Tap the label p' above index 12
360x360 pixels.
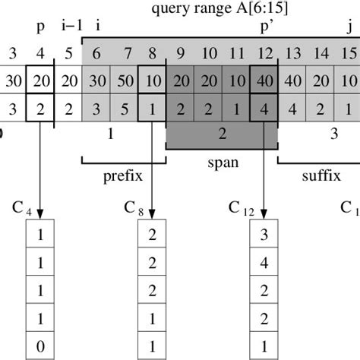pyautogui.click(x=267, y=27)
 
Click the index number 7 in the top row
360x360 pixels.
pyautogui.click(x=127, y=53)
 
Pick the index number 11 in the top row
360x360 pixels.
pyautogui.click(x=237, y=53)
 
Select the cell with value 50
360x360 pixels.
pyautogui.click(x=127, y=81)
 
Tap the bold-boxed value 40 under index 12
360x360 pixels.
pyautogui.click(x=266, y=81)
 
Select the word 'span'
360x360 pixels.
pyautogui.click(x=222, y=162)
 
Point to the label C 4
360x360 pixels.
pyautogui.click(x=23, y=208)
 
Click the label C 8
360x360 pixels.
pyautogui.click(x=134, y=208)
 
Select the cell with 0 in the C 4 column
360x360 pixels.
pyautogui.click(x=41, y=349)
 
